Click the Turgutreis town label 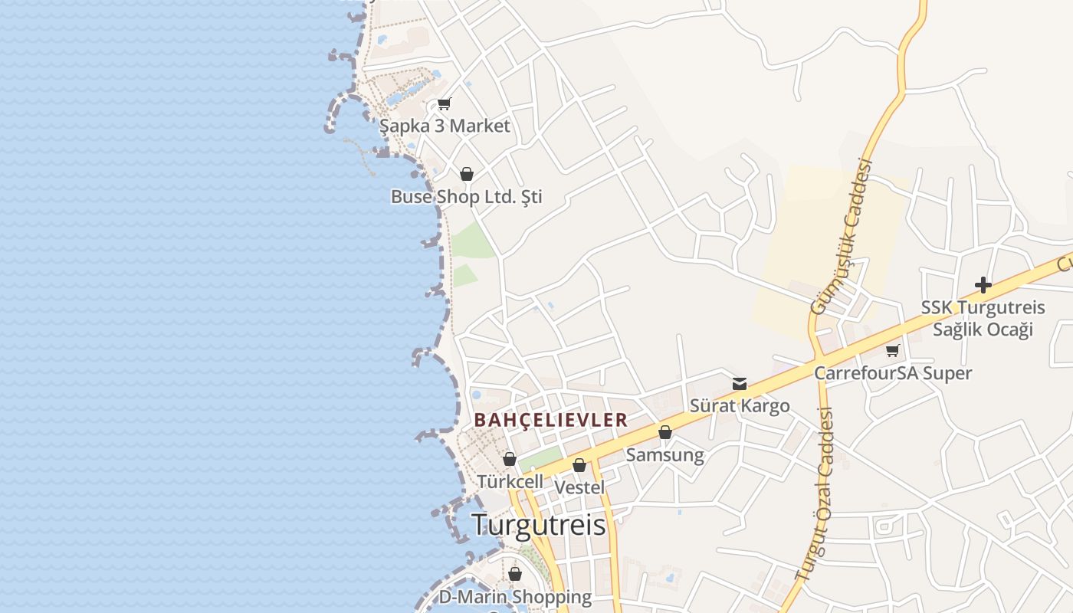coord(538,525)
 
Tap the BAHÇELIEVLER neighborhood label coord(550,420)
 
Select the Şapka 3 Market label coord(445,126)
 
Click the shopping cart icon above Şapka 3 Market coord(444,104)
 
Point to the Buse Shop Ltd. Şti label coord(466,197)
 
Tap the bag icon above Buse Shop coord(467,174)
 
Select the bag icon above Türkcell coord(510,459)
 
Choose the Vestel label coord(579,487)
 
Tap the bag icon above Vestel coord(579,465)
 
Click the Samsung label coord(664,455)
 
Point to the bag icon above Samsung coord(665,433)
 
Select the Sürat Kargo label coord(739,406)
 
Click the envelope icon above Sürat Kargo coord(740,384)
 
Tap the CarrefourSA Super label coord(892,373)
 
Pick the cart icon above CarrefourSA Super coord(892,351)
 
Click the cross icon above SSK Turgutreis coord(983,286)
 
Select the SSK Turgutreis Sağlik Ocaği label coord(983,319)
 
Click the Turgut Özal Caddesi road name coord(815,493)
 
